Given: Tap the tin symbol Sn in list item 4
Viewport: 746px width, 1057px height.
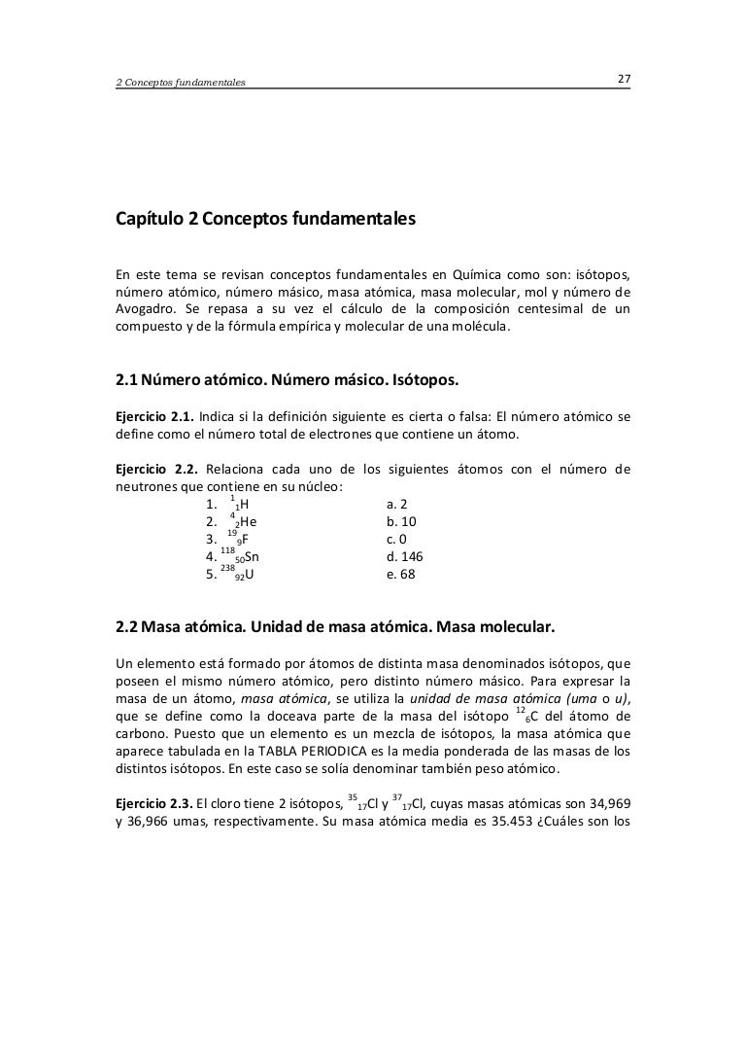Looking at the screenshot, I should click(x=251, y=557).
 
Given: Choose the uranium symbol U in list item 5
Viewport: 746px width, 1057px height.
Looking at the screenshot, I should click(x=250, y=575).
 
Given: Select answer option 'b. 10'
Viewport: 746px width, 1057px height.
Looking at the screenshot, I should click(x=400, y=522).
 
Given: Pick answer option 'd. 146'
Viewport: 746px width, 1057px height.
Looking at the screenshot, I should click(x=404, y=557).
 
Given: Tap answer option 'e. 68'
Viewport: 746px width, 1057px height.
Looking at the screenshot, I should click(x=400, y=575).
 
